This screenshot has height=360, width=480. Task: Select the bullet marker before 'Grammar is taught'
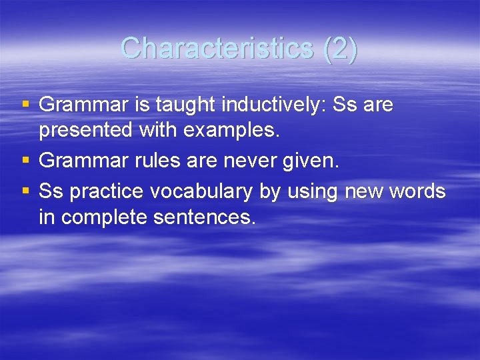[25, 104]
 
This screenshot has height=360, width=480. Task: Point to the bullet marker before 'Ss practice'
[25, 191]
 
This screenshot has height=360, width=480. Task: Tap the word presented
[86, 131]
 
